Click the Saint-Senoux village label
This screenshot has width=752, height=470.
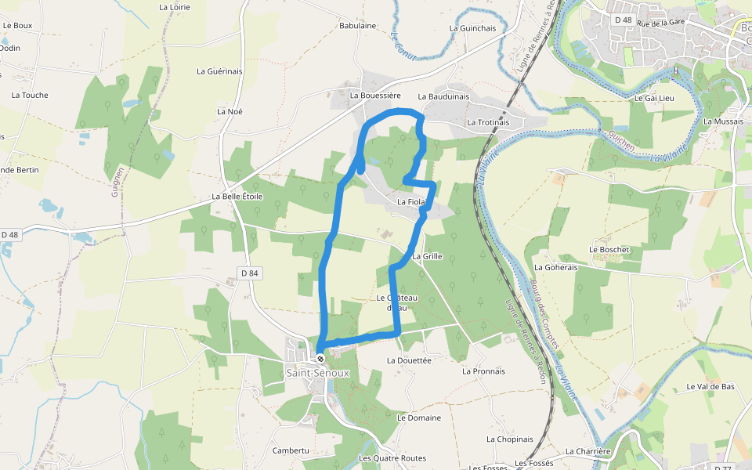click(317, 373)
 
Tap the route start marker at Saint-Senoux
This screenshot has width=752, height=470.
click(320, 359)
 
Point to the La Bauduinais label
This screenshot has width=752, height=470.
click(443, 96)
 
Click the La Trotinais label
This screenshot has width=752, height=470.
click(488, 122)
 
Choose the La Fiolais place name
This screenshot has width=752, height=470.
click(410, 202)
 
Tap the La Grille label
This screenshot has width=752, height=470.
click(427, 256)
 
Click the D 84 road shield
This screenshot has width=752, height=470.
click(249, 273)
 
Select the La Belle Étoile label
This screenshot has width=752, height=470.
click(237, 196)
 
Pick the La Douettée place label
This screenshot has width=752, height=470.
click(409, 360)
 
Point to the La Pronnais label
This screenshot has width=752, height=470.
click(483, 371)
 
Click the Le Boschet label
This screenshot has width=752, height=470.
click(609, 250)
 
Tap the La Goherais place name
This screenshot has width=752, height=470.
click(556, 267)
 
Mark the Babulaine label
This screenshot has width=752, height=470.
click(358, 26)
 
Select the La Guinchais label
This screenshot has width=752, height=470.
click(473, 28)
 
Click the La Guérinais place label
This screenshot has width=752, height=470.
click(219, 71)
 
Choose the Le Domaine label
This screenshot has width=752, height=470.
click(419, 418)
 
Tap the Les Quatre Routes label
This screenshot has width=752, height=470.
click(392, 458)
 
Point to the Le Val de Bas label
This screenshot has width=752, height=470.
click(710, 387)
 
